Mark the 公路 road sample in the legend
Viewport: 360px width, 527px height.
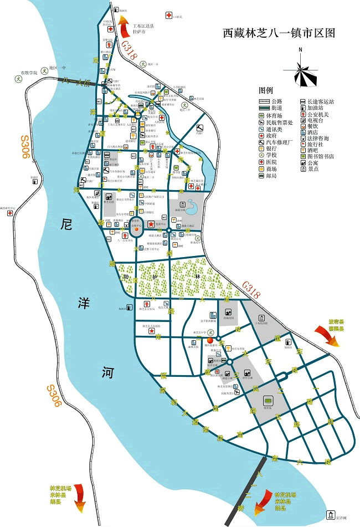pyautogui.click(x=271, y=101)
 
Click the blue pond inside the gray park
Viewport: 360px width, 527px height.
pyautogui.click(x=192, y=207)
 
